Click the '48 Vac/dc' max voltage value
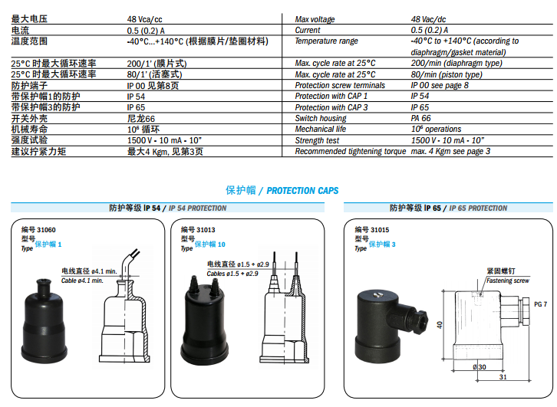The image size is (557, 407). click(428, 19)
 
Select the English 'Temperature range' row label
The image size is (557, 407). click(327, 41)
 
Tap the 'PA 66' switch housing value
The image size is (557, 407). click(420, 118)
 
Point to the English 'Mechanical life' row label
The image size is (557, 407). click(321, 130)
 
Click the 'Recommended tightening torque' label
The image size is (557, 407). click(351, 151)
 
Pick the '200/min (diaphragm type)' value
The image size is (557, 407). click(456, 63)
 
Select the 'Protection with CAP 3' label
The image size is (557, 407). click(331, 107)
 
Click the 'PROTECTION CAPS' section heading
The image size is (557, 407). click(302, 191)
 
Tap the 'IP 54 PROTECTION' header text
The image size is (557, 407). click(197, 208)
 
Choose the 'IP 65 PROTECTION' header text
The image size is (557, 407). click(478, 208)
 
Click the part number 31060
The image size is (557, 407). click(46, 230)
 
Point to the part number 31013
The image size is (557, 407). click(206, 230)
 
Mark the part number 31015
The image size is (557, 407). click(380, 230)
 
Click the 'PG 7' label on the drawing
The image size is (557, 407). click(540, 304)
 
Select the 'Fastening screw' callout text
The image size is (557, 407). click(508, 281)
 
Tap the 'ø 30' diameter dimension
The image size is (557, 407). click(480, 367)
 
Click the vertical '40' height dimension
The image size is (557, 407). click(440, 325)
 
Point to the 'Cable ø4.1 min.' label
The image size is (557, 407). click(82, 281)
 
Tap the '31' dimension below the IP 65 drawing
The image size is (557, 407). click(503, 377)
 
